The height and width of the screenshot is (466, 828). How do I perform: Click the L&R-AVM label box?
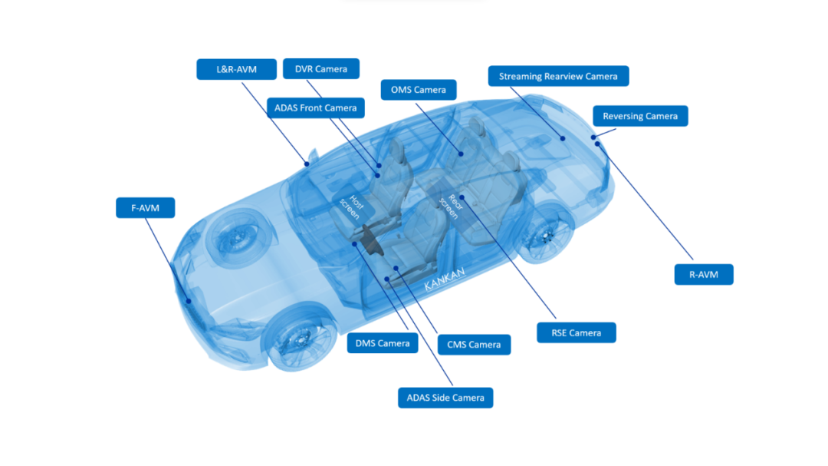click(x=237, y=69)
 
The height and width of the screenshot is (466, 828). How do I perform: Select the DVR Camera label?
click(x=321, y=69)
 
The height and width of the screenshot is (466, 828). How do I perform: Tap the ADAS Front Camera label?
click(x=316, y=108)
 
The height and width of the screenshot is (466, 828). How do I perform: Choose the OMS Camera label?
click(x=419, y=90)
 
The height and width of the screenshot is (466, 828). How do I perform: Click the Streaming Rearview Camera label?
click(x=558, y=76)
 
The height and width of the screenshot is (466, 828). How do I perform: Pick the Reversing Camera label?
click(x=640, y=116)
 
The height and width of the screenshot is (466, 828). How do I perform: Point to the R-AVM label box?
click(x=704, y=275)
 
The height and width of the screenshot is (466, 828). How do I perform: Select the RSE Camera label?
click(x=576, y=332)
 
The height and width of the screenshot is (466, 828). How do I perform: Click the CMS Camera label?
click(x=475, y=345)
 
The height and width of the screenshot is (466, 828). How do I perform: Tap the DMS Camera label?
click(x=383, y=343)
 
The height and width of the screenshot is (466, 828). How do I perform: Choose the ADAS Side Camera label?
click(x=445, y=398)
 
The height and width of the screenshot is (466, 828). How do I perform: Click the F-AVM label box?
click(x=145, y=208)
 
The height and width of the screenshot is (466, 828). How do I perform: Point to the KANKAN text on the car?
click(x=445, y=279)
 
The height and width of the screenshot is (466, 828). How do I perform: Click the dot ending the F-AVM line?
click(x=189, y=302)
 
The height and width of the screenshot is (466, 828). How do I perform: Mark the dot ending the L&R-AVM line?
click(x=307, y=164)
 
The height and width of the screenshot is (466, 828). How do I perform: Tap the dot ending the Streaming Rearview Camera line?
click(x=563, y=139)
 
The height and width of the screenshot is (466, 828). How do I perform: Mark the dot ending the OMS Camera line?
click(x=461, y=154)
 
